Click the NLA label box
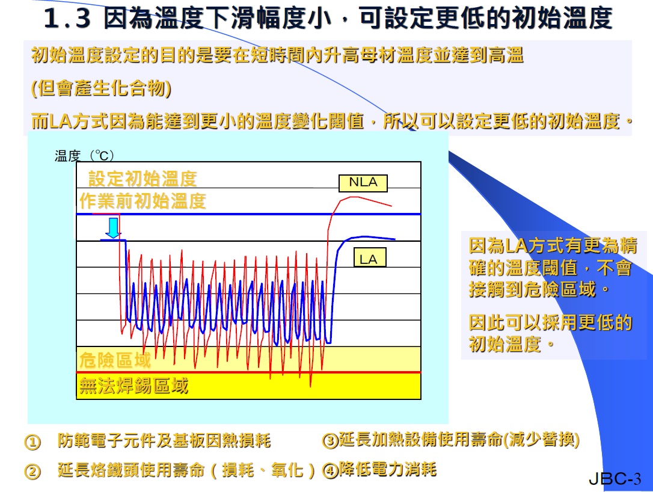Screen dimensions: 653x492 point(363,183)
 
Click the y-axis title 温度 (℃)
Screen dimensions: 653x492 point(84,155)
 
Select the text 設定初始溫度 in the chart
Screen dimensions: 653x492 point(143,179)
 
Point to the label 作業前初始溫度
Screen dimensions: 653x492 point(143,201)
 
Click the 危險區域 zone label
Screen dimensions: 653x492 point(115,360)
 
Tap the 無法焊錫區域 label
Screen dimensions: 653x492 point(133,386)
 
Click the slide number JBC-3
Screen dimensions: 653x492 point(615,479)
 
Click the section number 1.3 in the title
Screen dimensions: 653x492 point(67,18)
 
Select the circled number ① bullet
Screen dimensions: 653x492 point(33,442)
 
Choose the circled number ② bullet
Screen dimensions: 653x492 point(33,472)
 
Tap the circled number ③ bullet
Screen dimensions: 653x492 point(330,441)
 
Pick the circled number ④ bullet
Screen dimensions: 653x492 point(330,471)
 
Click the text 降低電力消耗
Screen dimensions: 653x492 point(388,469)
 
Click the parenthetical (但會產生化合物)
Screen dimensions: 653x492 point(101,88)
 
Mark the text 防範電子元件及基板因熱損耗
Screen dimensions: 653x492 point(164,440)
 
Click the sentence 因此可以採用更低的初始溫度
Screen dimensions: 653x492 point(551,333)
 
